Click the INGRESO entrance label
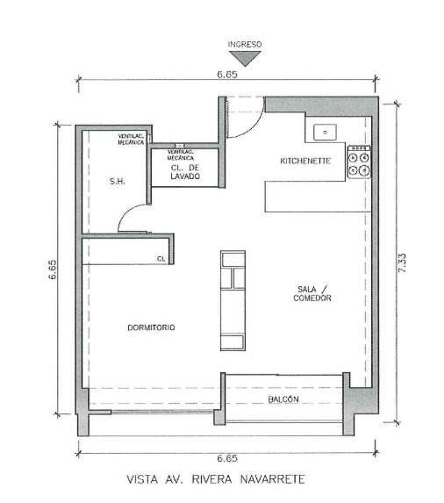245,44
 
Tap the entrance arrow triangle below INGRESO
245,59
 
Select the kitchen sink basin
325,133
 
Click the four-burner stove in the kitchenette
359,162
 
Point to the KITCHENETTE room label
305,161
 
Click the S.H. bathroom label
117,181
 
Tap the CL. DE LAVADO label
185,172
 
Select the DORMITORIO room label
151,327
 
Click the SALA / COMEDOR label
312,293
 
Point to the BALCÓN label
283,399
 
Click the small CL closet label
161,259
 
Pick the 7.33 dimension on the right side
402,263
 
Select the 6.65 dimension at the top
227,75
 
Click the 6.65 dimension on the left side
53,269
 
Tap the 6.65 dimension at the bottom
227,458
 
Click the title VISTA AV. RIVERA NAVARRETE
216,479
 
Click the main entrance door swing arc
254,126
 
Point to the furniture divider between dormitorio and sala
233,300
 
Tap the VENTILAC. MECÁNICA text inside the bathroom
131,140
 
